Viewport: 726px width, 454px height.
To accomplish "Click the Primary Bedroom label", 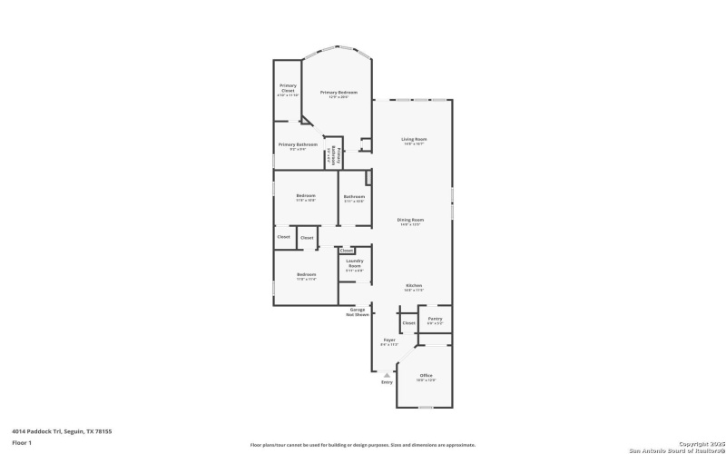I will pyautogui.click(x=338, y=93).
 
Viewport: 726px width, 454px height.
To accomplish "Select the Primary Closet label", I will pyautogui.click(x=288, y=88).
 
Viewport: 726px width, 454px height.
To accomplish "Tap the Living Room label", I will pyautogui.click(x=414, y=139).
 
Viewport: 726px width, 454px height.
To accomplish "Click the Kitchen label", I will pyautogui.click(x=414, y=285).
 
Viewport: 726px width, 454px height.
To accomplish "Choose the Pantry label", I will pyautogui.click(x=435, y=319).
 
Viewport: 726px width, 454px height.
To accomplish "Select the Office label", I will pyautogui.click(x=426, y=375).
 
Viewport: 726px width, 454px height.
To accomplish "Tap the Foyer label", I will pyautogui.click(x=388, y=340).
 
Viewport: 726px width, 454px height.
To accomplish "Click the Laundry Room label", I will pyautogui.click(x=354, y=263).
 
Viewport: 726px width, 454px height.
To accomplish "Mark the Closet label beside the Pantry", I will pyautogui.click(x=408, y=322).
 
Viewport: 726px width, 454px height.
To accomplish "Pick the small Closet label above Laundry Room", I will pyautogui.click(x=347, y=250).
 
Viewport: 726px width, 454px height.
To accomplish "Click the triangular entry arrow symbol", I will pyautogui.click(x=388, y=374).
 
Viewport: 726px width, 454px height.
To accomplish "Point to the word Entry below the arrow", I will pyautogui.click(x=388, y=382).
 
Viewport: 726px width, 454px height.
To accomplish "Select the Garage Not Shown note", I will pyautogui.click(x=357, y=311).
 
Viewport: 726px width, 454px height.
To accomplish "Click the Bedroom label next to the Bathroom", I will pyautogui.click(x=306, y=196).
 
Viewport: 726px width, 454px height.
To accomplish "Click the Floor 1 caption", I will pyautogui.click(x=22, y=442).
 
